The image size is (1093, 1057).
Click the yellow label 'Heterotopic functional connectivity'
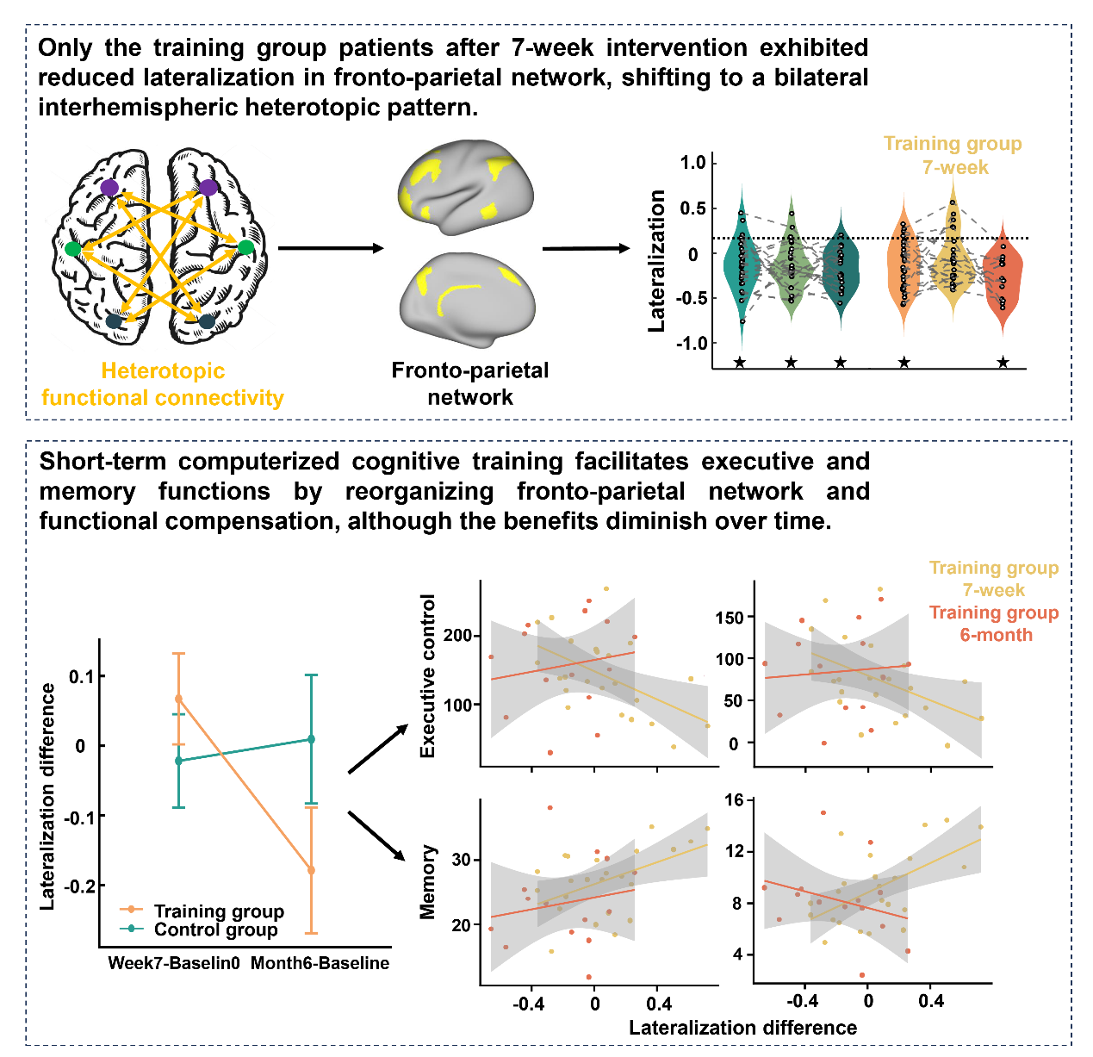[x=162, y=384]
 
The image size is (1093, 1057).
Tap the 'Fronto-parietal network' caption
[x=469, y=383]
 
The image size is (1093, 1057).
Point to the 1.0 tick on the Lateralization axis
[x=692, y=163]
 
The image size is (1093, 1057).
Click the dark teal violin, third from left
[x=841, y=267]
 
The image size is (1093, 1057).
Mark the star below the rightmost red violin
[x=1003, y=363]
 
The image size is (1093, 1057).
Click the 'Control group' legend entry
[x=215, y=930]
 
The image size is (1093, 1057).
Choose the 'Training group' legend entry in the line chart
[x=219, y=911]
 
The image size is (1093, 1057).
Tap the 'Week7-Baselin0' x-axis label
[x=174, y=963]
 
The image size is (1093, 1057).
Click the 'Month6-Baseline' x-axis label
[x=320, y=963]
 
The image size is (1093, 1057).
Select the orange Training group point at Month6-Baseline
[x=311, y=870]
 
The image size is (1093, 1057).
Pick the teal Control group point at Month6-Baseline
[x=311, y=739]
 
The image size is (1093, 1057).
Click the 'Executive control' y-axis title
[x=428, y=676]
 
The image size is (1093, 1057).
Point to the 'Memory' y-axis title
[x=428, y=882]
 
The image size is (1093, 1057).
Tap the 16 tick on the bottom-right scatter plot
[x=734, y=800]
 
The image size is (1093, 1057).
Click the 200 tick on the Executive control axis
[x=457, y=636]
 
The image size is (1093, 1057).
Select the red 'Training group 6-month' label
[x=994, y=624]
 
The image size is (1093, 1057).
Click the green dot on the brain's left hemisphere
[x=73, y=249]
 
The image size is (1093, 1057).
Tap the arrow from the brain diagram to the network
[x=331, y=249]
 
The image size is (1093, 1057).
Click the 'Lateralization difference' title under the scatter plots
[x=742, y=1028]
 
